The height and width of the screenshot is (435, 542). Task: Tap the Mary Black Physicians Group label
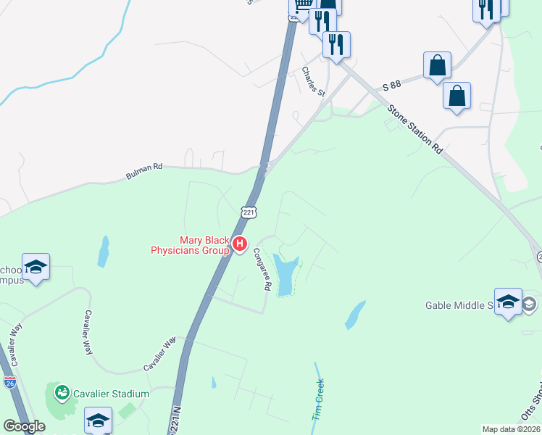point(190,246)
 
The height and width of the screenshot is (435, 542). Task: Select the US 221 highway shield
point(249,212)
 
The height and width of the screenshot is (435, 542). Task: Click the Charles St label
point(314,82)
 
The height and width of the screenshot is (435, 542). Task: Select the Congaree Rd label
point(261,270)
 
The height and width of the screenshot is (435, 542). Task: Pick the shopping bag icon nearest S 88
point(438,65)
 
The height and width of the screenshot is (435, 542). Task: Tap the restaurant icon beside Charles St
point(336,44)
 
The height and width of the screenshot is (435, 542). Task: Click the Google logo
point(24,426)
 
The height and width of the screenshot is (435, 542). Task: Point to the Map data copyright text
point(511,429)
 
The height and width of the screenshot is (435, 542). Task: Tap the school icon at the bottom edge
point(98,420)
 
